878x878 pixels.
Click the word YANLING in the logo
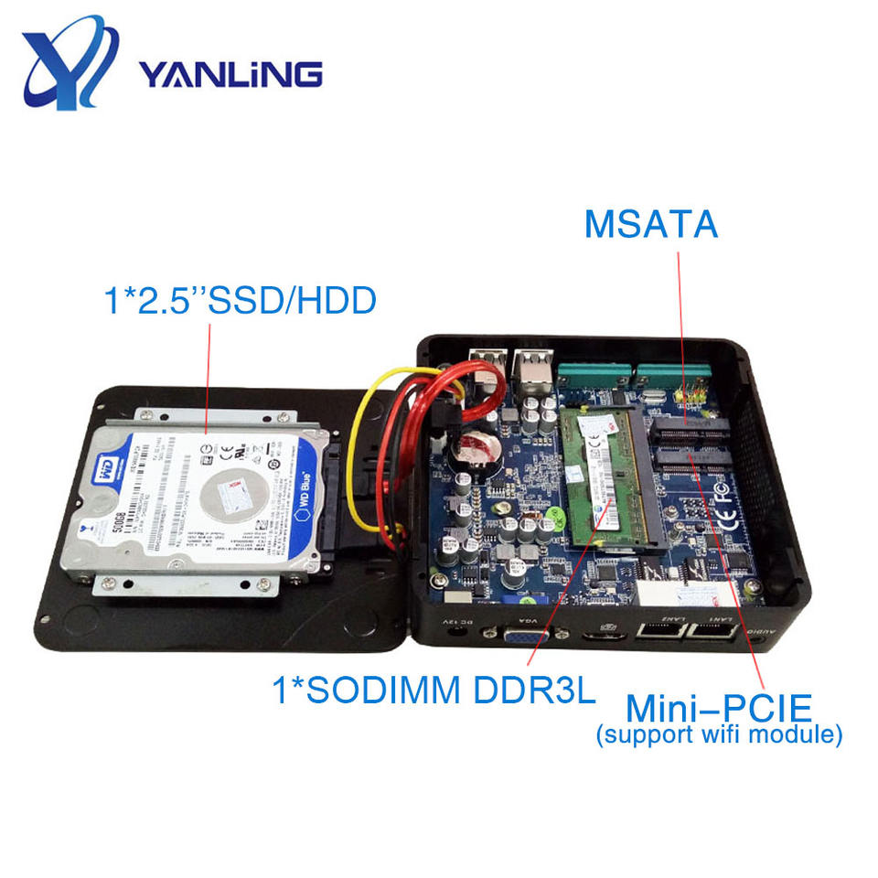coord(230,73)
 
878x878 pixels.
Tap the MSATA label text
coord(651,223)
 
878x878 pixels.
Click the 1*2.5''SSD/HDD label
coord(239,302)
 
